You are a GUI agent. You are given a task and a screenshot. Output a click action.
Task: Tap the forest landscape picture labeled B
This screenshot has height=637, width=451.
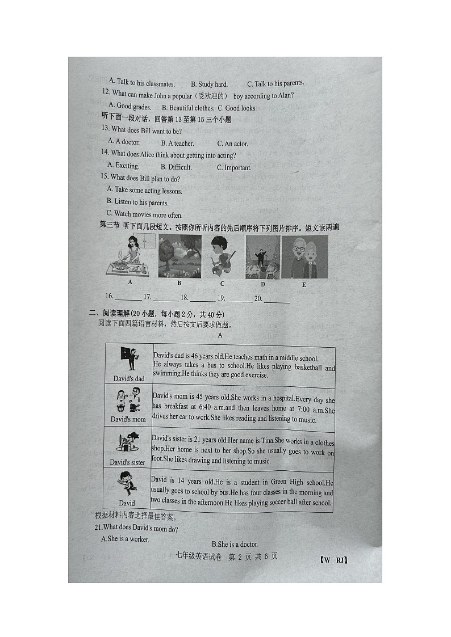point(179,256)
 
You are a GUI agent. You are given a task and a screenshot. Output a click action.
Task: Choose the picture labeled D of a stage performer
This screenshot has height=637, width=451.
point(262,257)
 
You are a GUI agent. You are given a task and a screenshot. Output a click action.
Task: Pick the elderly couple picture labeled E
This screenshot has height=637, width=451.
point(305,257)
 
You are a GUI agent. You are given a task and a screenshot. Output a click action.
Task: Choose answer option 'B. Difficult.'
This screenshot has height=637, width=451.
point(176,167)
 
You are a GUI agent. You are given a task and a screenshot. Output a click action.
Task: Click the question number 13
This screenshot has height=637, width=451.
point(105,131)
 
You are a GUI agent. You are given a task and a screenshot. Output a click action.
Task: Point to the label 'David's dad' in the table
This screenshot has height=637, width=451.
point(129,378)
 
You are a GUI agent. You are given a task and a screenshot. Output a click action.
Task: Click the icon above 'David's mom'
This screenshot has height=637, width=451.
point(128,400)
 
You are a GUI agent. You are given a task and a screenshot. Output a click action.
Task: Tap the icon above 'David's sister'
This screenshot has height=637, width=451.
point(127,442)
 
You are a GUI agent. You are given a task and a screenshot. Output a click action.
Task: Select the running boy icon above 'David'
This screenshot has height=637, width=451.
point(126,484)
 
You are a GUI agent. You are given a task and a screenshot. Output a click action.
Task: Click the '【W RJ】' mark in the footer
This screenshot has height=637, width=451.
point(333,560)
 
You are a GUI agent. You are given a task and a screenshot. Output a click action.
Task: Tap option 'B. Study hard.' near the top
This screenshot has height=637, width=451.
point(209,85)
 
